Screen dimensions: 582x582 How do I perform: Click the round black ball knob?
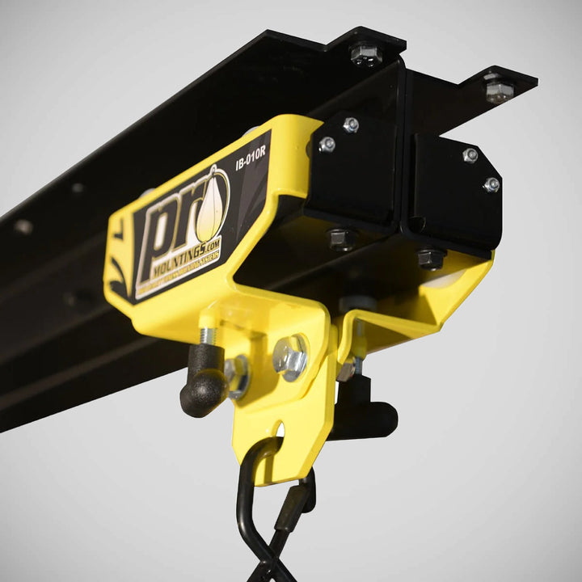[x=203, y=391]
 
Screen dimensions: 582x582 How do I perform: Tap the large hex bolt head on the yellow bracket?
[x=290, y=356]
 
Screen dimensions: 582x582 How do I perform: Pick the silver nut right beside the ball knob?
[x=238, y=376]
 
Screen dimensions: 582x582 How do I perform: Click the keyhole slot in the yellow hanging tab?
[x=280, y=427]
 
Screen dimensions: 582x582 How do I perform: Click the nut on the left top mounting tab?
[x=365, y=53]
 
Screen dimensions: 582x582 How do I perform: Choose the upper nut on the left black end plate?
[x=351, y=124]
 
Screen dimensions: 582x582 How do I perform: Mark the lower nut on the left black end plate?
[x=327, y=145]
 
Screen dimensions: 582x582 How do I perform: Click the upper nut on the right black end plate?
[x=470, y=154]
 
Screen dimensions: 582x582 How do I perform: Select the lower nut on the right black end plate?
[x=491, y=184]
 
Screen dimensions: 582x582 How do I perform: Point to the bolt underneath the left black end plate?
[x=342, y=238]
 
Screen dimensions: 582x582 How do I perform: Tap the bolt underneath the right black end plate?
[x=431, y=258]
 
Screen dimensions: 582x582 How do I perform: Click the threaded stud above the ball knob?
[x=207, y=336]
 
